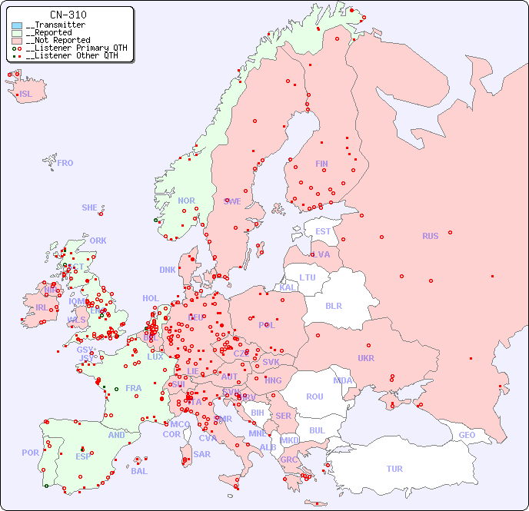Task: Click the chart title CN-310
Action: pyautogui.click(x=68, y=15)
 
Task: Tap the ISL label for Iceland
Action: pyautogui.click(x=26, y=95)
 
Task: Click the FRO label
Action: pyautogui.click(x=65, y=163)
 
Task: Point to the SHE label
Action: pyautogui.click(x=90, y=207)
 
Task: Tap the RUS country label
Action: pyautogui.click(x=430, y=236)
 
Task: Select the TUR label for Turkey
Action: pyautogui.click(x=394, y=469)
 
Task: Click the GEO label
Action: pyautogui.click(x=467, y=435)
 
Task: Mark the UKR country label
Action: pyautogui.click(x=366, y=358)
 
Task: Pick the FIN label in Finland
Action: pyautogui.click(x=321, y=164)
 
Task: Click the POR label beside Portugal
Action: pyautogui.click(x=30, y=453)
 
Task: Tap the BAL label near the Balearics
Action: pyautogui.click(x=139, y=471)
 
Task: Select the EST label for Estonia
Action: pyautogui.click(x=323, y=231)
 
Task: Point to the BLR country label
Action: pyautogui.click(x=334, y=305)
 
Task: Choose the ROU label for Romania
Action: pyautogui.click(x=314, y=397)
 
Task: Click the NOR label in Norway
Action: pyautogui.click(x=186, y=201)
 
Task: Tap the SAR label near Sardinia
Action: pyautogui.click(x=201, y=454)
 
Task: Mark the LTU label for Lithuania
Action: pyautogui.click(x=308, y=277)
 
